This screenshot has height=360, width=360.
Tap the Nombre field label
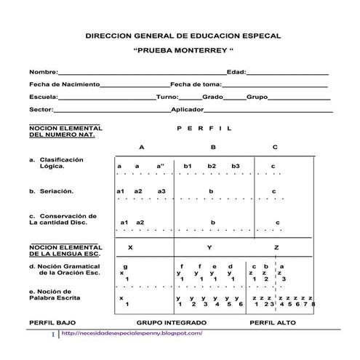pos(43,73)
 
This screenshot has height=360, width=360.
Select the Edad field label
pos(236,73)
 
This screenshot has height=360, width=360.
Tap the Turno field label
pos(167,97)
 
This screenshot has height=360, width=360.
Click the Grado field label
pos(212,97)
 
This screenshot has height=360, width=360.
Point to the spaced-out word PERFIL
pos(204,128)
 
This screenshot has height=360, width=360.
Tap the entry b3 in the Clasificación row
pos(235,166)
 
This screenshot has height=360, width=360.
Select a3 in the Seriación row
pos(161,191)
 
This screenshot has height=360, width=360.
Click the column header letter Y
pos(209,248)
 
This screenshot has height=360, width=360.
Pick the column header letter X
pos(130,248)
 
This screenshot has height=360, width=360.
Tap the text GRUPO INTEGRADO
pos(172,321)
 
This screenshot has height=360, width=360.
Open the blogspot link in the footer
pos(132,333)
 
